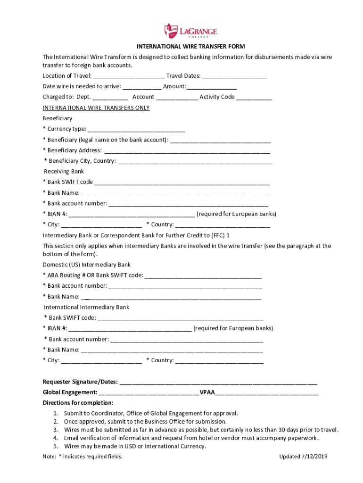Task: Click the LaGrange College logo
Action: coord(190,31)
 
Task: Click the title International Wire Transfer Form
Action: coord(190,46)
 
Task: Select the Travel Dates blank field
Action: coord(235,76)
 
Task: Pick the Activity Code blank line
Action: coord(254,98)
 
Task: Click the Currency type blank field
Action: coord(136,130)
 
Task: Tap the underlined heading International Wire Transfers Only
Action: coord(96,108)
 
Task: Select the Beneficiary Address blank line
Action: coord(187,151)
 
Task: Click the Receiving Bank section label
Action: coord(64,172)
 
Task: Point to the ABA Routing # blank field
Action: coord(203,276)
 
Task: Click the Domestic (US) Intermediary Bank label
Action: coord(87,265)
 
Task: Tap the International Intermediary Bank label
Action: coord(86,307)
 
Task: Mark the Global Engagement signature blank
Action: coord(149,393)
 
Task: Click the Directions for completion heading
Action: coord(78,403)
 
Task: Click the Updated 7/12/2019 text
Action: coord(303,457)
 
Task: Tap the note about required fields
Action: coord(82,457)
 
